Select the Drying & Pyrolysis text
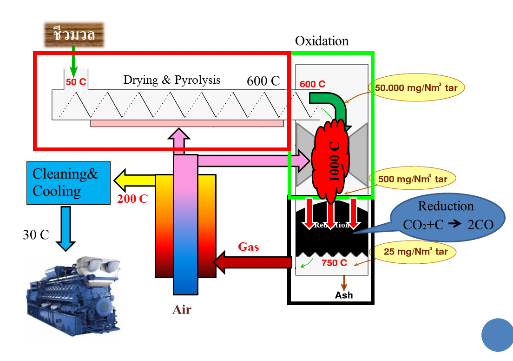pyautogui.click(x=171, y=80)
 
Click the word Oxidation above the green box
pyautogui.click(x=322, y=41)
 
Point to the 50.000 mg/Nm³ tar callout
pyautogui.click(x=416, y=87)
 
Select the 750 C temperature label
pyautogui.click(x=334, y=262)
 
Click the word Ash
pyautogui.click(x=344, y=295)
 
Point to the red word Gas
pyautogui.click(x=249, y=247)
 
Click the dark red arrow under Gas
pyautogui.click(x=253, y=262)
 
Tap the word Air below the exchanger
pyautogui.click(x=182, y=310)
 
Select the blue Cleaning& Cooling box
pyautogui.click(x=68, y=183)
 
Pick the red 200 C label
pyautogui.click(x=132, y=199)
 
